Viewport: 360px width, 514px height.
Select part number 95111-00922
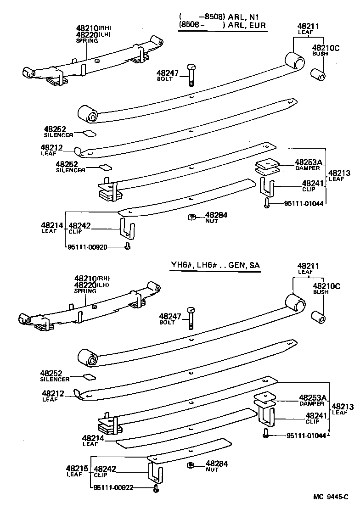[x=112, y=487]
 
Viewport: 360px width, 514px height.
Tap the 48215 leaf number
[x=74, y=469]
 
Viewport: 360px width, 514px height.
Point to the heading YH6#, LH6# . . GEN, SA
[x=216, y=265]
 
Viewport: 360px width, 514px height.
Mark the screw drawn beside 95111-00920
[x=128, y=247]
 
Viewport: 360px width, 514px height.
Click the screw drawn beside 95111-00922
[x=156, y=489]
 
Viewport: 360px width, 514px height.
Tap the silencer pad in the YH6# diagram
[x=89, y=377]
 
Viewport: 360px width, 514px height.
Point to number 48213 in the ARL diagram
[x=339, y=173]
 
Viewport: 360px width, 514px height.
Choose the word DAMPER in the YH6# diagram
[x=312, y=404]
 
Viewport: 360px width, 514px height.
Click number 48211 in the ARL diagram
[x=305, y=26]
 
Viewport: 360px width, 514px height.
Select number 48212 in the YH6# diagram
[x=52, y=393]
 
